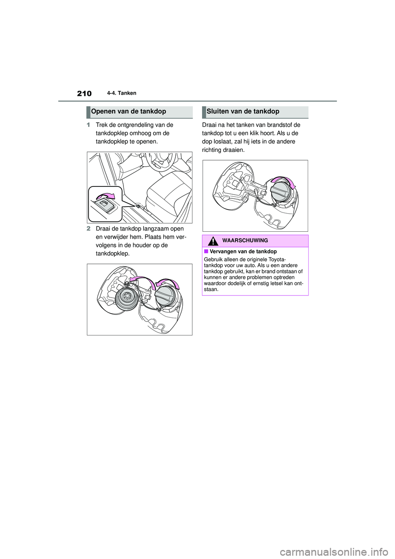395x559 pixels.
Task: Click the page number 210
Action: (x=84, y=93)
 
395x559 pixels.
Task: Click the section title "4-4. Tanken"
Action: (x=123, y=93)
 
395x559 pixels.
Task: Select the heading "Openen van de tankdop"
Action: (x=129, y=112)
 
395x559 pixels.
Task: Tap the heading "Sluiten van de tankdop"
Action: (x=243, y=112)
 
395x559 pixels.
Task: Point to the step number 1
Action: (x=88, y=125)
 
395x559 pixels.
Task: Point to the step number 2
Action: (x=88, y=229)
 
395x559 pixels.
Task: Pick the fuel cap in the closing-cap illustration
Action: (x=280, y=192)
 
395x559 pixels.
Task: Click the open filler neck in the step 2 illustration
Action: (x=128, y=298)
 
